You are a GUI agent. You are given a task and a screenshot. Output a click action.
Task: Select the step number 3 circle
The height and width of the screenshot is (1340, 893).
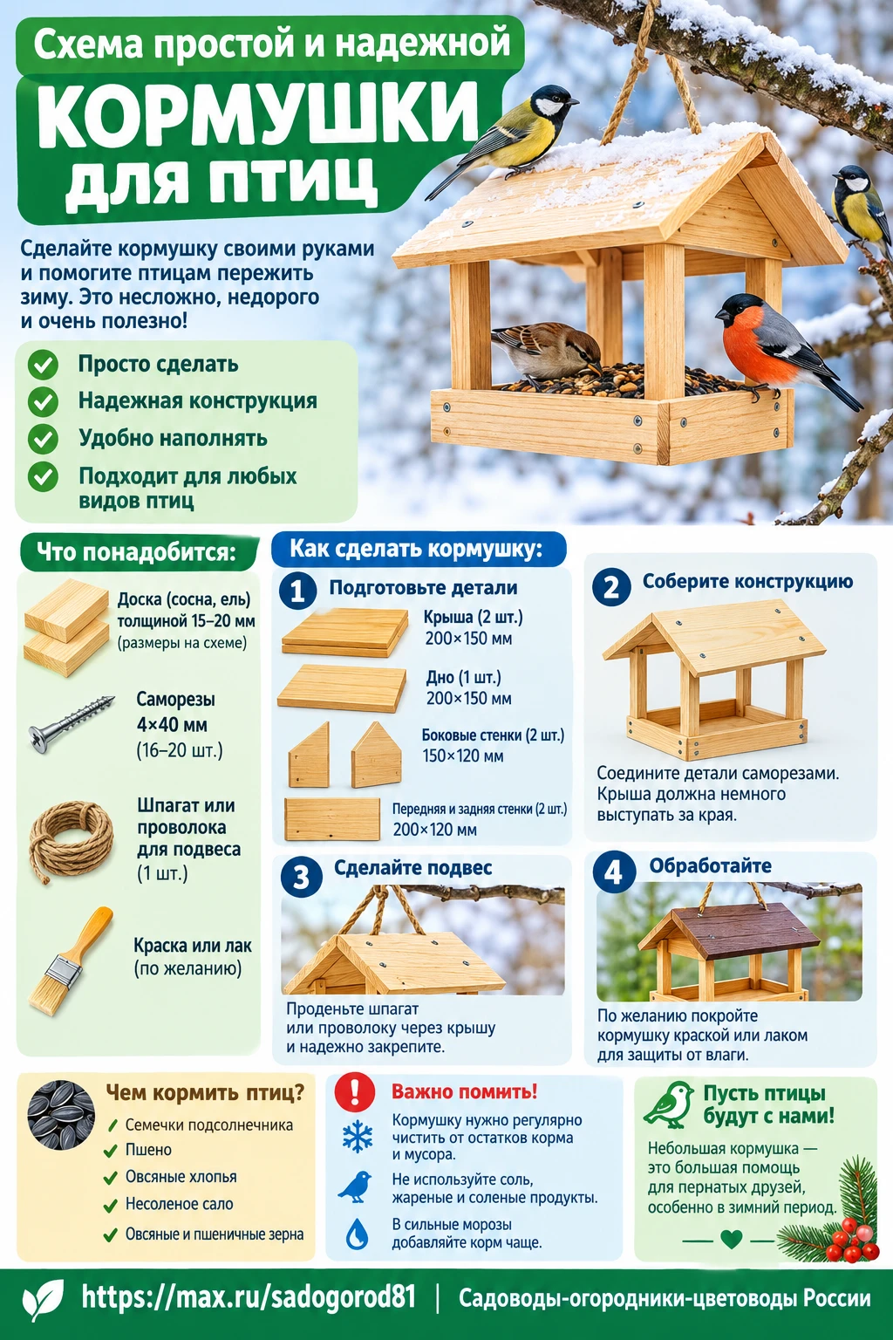(301, 877)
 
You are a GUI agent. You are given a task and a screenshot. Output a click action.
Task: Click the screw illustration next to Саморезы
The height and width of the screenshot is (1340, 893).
(71, 723)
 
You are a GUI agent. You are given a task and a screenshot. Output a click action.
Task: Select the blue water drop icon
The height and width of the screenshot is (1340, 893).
(357, 1234)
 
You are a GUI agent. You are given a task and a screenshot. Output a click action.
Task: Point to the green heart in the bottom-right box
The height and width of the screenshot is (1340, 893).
(731, 1238)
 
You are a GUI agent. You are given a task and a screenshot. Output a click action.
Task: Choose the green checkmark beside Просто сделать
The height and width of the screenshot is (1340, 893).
(43, 365)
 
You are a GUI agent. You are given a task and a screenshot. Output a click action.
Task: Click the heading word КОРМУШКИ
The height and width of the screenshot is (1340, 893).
(257, 115)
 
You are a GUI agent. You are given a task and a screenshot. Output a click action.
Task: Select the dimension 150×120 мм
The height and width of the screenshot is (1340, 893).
(463, 755)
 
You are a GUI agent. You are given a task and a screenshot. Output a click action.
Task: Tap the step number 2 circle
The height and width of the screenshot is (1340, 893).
(611, 587)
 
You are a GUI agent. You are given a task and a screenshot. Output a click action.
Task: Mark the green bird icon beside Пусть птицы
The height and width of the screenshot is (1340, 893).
(669, 1104)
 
